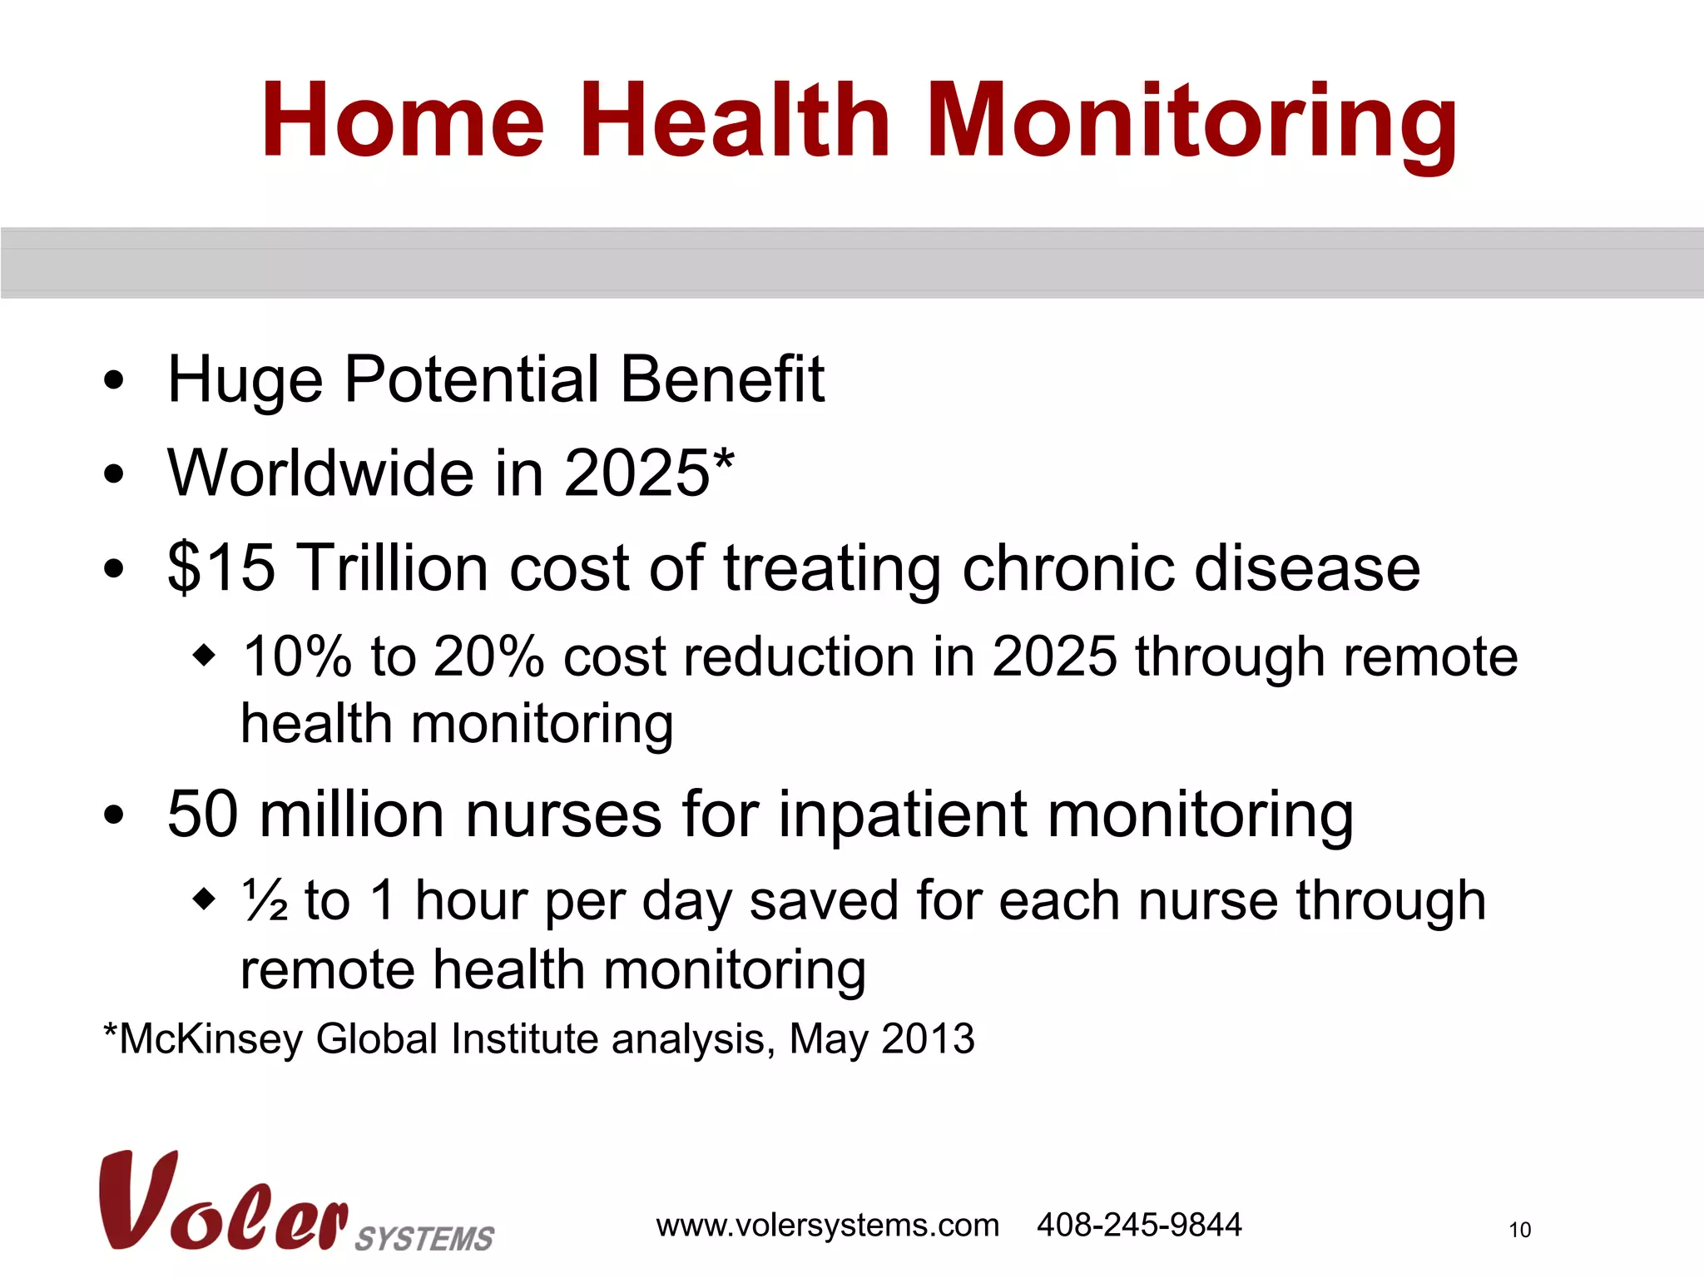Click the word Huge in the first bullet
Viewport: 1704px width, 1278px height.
pyautogui.click(x=245, y=381)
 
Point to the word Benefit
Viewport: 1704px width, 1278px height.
pyautogui.click(x=722, y=379)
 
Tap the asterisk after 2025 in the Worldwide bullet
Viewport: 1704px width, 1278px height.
pyautogui.click(x=724, y=459)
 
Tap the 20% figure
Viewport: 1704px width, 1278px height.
pyautogui.click(x=488, y=656)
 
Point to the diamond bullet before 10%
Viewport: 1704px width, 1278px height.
pyautogui.click(x=204, y=656)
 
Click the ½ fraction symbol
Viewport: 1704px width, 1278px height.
pyautogui.click(x=265, y=900)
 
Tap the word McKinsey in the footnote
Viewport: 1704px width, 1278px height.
pyautogui.click(x=211, y=1039)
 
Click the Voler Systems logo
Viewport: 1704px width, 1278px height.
pyautogui.click(x=295, y=1202)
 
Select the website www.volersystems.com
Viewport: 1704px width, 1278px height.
pyautogui.click(x=827, y=1226)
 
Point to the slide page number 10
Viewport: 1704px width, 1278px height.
pyautogui.click(x=1519, y=1230)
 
